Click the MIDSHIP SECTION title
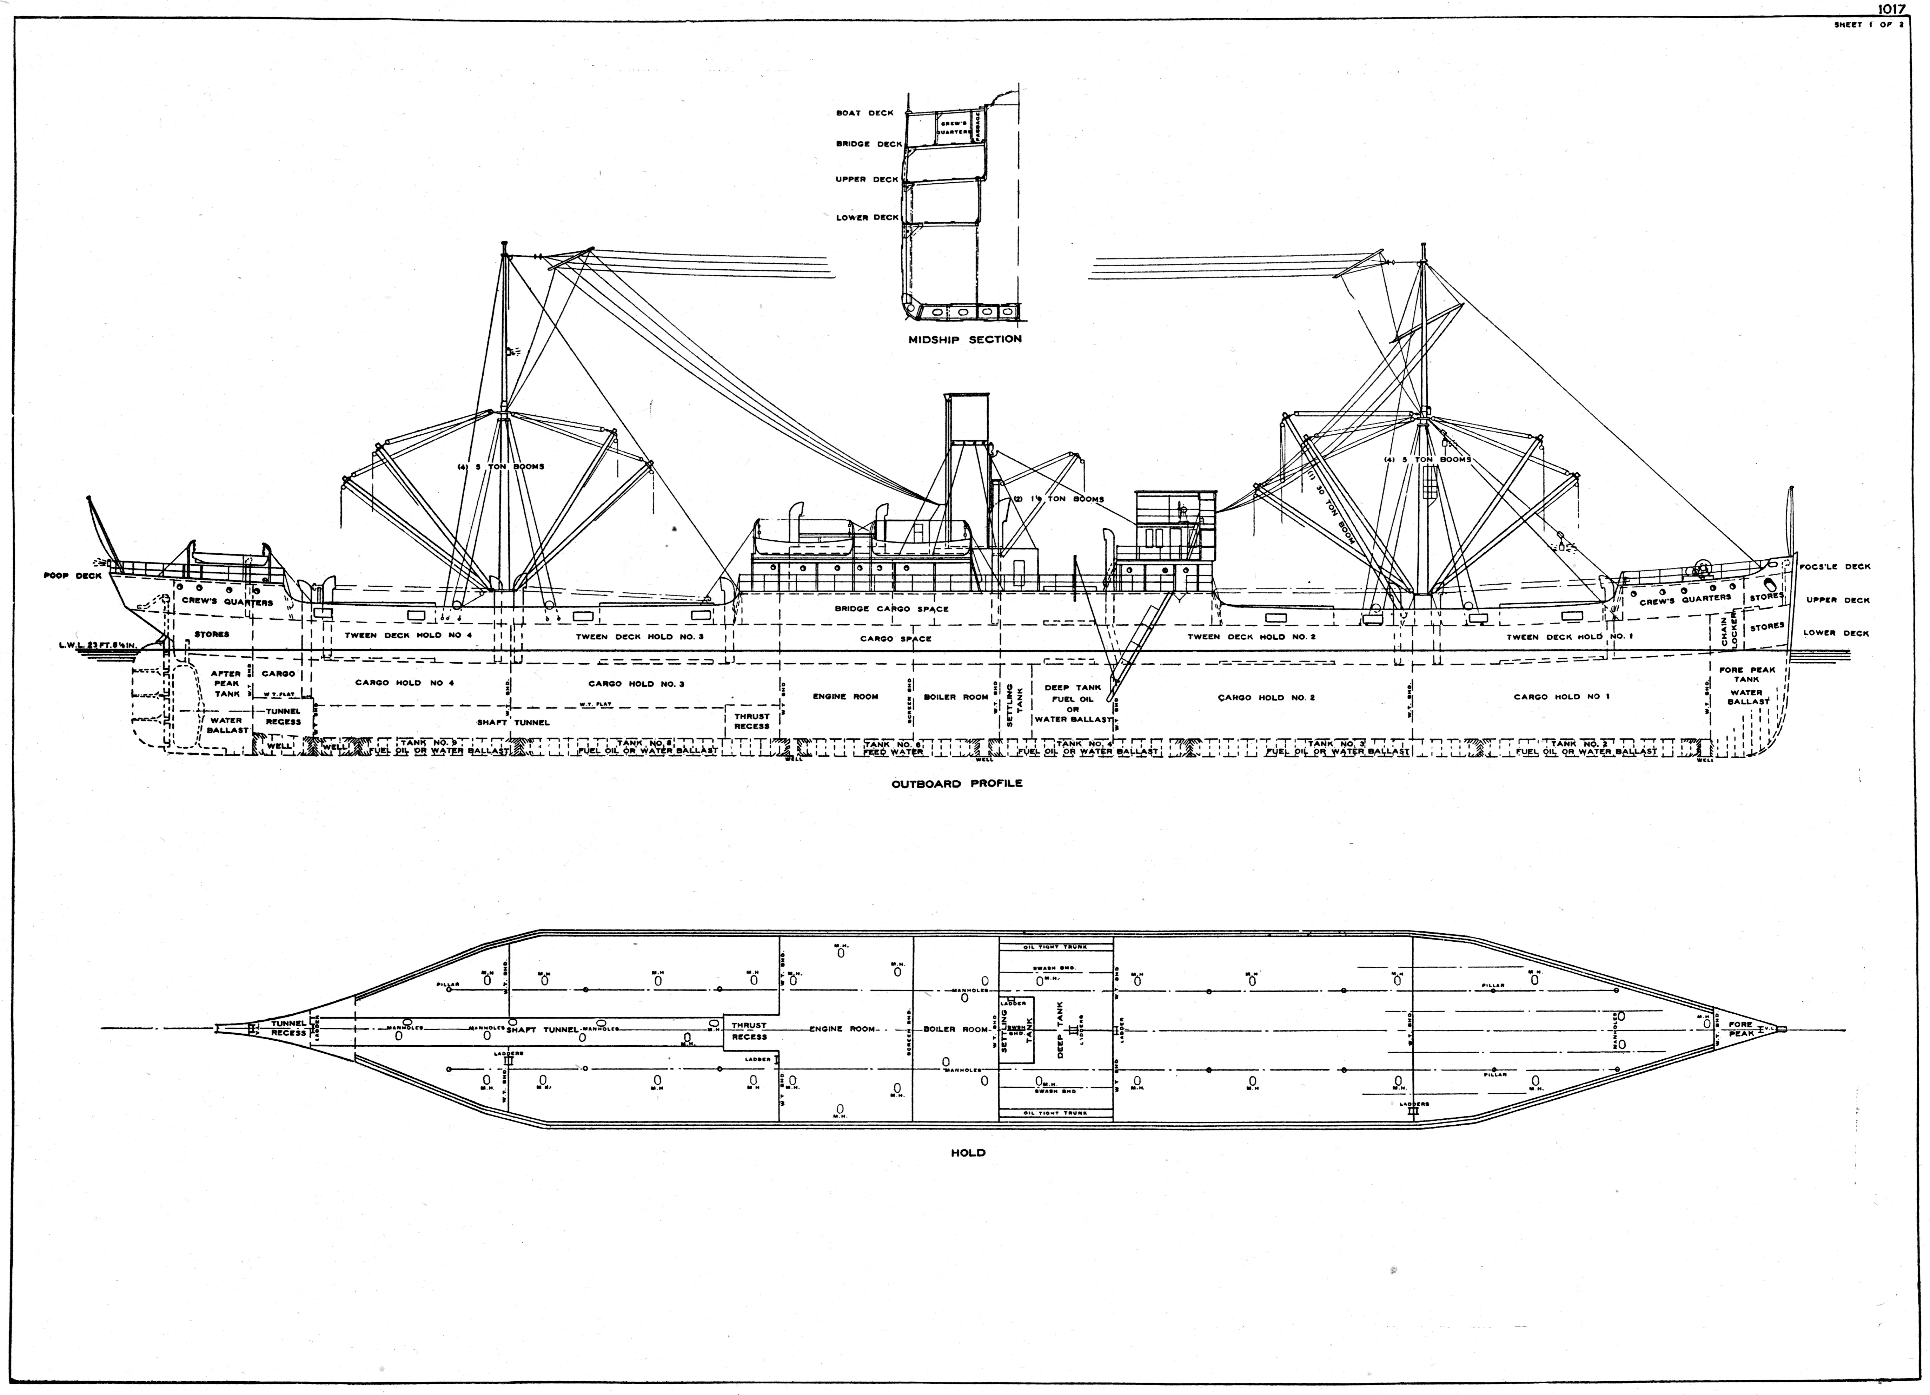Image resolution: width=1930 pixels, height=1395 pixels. pyautogui.click(x=964, y=339)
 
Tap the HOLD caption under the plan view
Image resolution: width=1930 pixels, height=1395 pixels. pyautogui.click(x=968, y=1153)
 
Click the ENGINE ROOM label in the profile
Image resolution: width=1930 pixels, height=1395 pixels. pyautogui.click(x=845, y=696)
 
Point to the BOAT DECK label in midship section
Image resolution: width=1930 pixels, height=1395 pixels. pyautogui.click(x=864, y=113)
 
